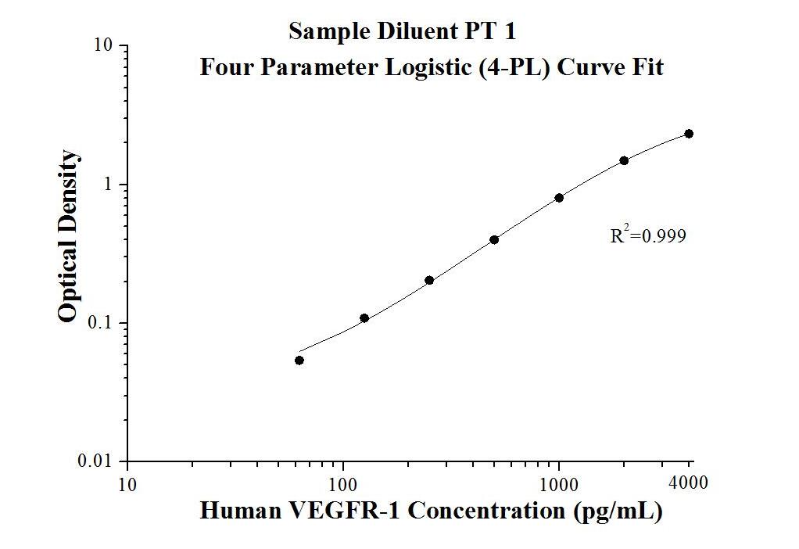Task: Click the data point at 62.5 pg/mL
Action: (299, 361)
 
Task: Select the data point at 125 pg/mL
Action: (364, 318)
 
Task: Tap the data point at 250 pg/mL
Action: (429, 280)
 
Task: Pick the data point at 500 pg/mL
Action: (494, 239)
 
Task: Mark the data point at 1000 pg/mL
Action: (559, 198)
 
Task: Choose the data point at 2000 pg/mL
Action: (624, 160)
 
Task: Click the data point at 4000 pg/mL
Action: (689, 134)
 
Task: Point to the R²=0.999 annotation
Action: (648, 235)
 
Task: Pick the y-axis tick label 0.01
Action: (99, 461)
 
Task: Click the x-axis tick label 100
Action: (343, 483)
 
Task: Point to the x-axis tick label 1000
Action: (559, 483)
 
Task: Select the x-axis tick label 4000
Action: (689, 483)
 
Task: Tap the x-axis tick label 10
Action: (127, 483)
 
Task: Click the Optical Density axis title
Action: (69, 235)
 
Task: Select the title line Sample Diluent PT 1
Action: (402, 32)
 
